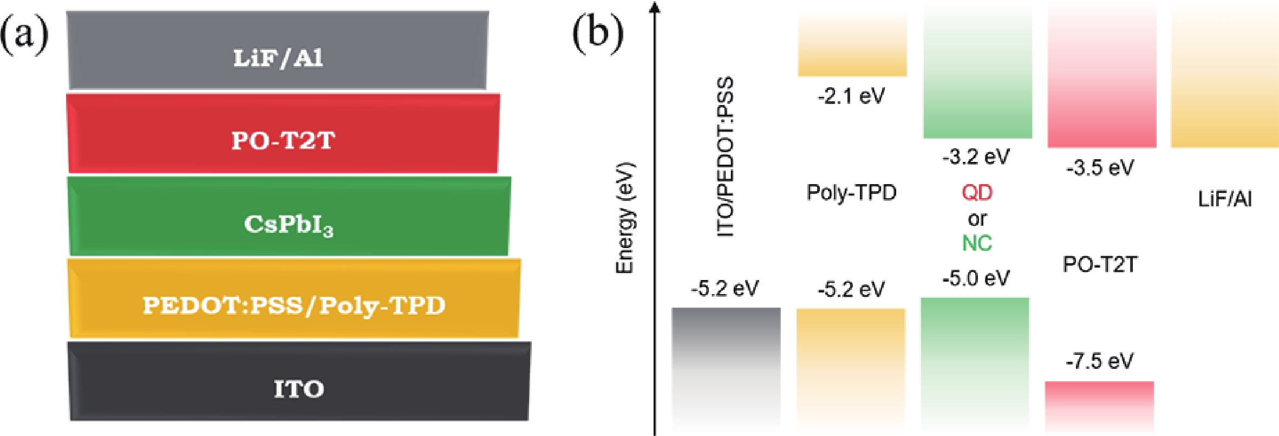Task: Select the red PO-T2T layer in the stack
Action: tap(283, 134)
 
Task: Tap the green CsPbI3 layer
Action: tap(289, 217)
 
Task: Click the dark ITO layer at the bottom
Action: tap(299, 382)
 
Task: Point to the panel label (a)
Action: tap(24, 35)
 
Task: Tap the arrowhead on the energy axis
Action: tap(655, 8)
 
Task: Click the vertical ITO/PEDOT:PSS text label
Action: tap(725, 157)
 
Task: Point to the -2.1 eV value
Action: tap(851, 96)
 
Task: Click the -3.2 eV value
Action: tap(976, 157)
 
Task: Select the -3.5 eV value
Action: tap(1100, 168)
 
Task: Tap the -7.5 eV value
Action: tap(1099, 361)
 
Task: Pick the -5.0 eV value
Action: tap(976, 278)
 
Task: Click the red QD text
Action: tap(977, 192)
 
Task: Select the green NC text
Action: tap(977, 243)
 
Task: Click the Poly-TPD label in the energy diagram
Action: tap(851, 193)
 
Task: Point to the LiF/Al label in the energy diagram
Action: tap(1225, 199)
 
